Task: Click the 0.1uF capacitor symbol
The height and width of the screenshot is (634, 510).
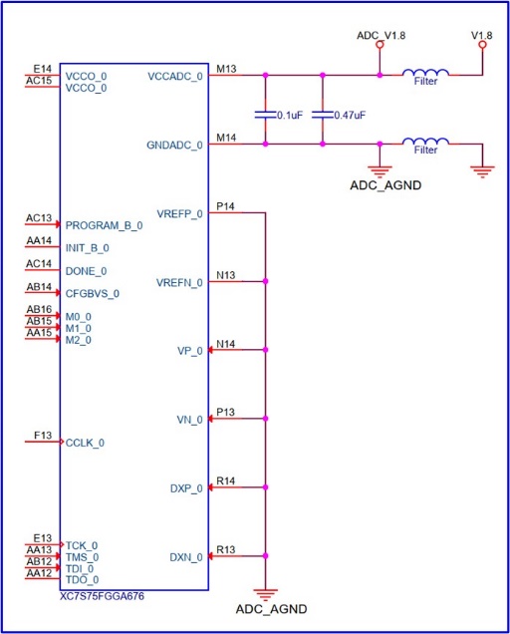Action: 265,115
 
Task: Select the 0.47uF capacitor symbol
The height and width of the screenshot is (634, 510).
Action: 323,115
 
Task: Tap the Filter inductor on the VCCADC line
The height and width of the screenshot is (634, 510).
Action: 425,73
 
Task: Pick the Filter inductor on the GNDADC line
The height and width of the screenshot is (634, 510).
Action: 425,142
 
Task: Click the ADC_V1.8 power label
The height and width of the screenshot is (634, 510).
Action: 381,36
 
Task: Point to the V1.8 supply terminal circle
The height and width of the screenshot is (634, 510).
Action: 482,45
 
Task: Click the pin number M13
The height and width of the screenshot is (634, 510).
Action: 226,69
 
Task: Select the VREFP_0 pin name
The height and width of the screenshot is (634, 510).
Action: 180,214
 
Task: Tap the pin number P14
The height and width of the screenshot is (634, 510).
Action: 225,206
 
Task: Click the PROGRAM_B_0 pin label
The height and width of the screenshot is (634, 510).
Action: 104,225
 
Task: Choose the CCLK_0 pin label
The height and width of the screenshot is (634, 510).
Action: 85,443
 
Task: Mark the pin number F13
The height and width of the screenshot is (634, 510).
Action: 43,435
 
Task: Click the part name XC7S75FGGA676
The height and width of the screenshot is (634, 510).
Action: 102,596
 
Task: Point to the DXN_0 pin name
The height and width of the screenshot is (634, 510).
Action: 186,557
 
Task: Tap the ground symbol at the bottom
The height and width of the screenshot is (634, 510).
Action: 266,595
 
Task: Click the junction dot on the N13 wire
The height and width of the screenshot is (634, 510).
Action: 266,281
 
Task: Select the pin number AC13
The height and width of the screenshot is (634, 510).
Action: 39,218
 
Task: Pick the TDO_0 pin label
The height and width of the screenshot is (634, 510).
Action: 82,580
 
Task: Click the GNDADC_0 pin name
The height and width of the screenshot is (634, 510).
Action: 174,146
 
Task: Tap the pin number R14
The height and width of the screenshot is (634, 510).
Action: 225,480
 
